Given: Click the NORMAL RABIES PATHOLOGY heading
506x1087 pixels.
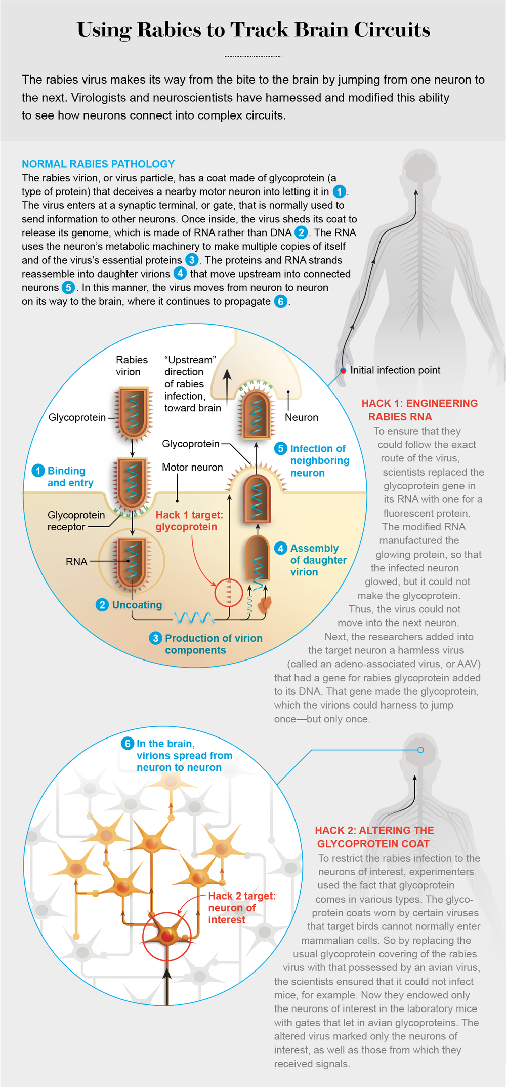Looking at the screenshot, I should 98,164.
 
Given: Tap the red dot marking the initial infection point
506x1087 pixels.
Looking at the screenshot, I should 343,370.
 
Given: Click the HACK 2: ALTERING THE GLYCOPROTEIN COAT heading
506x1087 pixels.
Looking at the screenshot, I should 374,837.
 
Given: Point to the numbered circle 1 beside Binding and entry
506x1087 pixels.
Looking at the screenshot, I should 38,471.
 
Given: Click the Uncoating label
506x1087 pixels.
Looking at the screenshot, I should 137,605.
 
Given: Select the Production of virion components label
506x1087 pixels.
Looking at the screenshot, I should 213,644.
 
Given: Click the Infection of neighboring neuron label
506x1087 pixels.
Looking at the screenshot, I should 319,460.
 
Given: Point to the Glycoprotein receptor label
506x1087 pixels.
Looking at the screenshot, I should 76,521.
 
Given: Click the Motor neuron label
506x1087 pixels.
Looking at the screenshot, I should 192,467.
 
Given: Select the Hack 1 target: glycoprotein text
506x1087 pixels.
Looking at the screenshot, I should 189,521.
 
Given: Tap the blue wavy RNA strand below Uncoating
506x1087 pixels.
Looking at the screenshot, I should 194,617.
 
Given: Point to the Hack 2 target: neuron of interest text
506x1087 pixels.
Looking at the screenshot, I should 241,908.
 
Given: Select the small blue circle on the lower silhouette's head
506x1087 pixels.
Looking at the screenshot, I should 420,750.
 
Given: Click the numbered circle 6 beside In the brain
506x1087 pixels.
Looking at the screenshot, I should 128,744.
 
